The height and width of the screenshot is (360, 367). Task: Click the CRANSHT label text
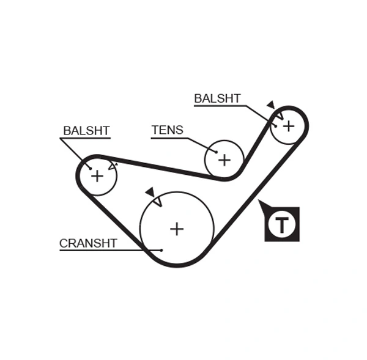87,243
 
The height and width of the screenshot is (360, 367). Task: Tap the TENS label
167,130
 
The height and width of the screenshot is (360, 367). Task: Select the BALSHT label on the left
86,131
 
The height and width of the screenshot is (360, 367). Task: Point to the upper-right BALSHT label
217,98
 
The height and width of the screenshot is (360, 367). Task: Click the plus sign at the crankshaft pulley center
177,229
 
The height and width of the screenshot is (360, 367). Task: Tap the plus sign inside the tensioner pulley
224,160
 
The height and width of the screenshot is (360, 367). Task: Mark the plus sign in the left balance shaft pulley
97,176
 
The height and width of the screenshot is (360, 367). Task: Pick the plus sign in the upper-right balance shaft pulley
288,125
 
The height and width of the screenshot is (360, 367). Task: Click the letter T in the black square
282,225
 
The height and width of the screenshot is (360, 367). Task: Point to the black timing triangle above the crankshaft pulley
150,192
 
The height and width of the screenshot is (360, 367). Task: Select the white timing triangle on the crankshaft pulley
157,201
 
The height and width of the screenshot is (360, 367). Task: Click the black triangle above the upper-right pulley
270,105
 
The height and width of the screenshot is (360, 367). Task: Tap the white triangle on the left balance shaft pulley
111,165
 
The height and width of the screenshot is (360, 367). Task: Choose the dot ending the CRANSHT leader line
161,249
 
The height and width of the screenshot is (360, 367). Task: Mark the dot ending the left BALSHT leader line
90,167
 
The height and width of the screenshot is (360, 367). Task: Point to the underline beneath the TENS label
169,138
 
